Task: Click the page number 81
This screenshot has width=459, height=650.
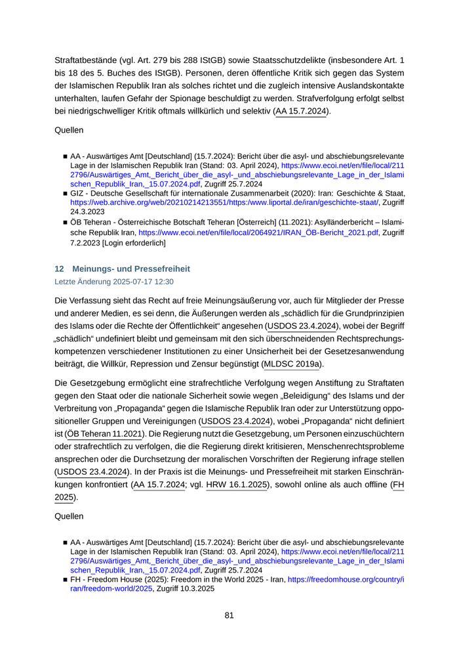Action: pyautogui.click(x=229, y=615)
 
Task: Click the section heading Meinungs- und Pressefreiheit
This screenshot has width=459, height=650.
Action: pyautogui.click(x=131, y=269)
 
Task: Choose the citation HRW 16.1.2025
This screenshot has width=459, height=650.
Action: pyautogui.click(x=236, y=485)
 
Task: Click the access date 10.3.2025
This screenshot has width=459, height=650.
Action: pyautogui.click(x=197, y=590)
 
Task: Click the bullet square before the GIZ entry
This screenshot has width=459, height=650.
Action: pyautogui.click(x=66, y=194)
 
